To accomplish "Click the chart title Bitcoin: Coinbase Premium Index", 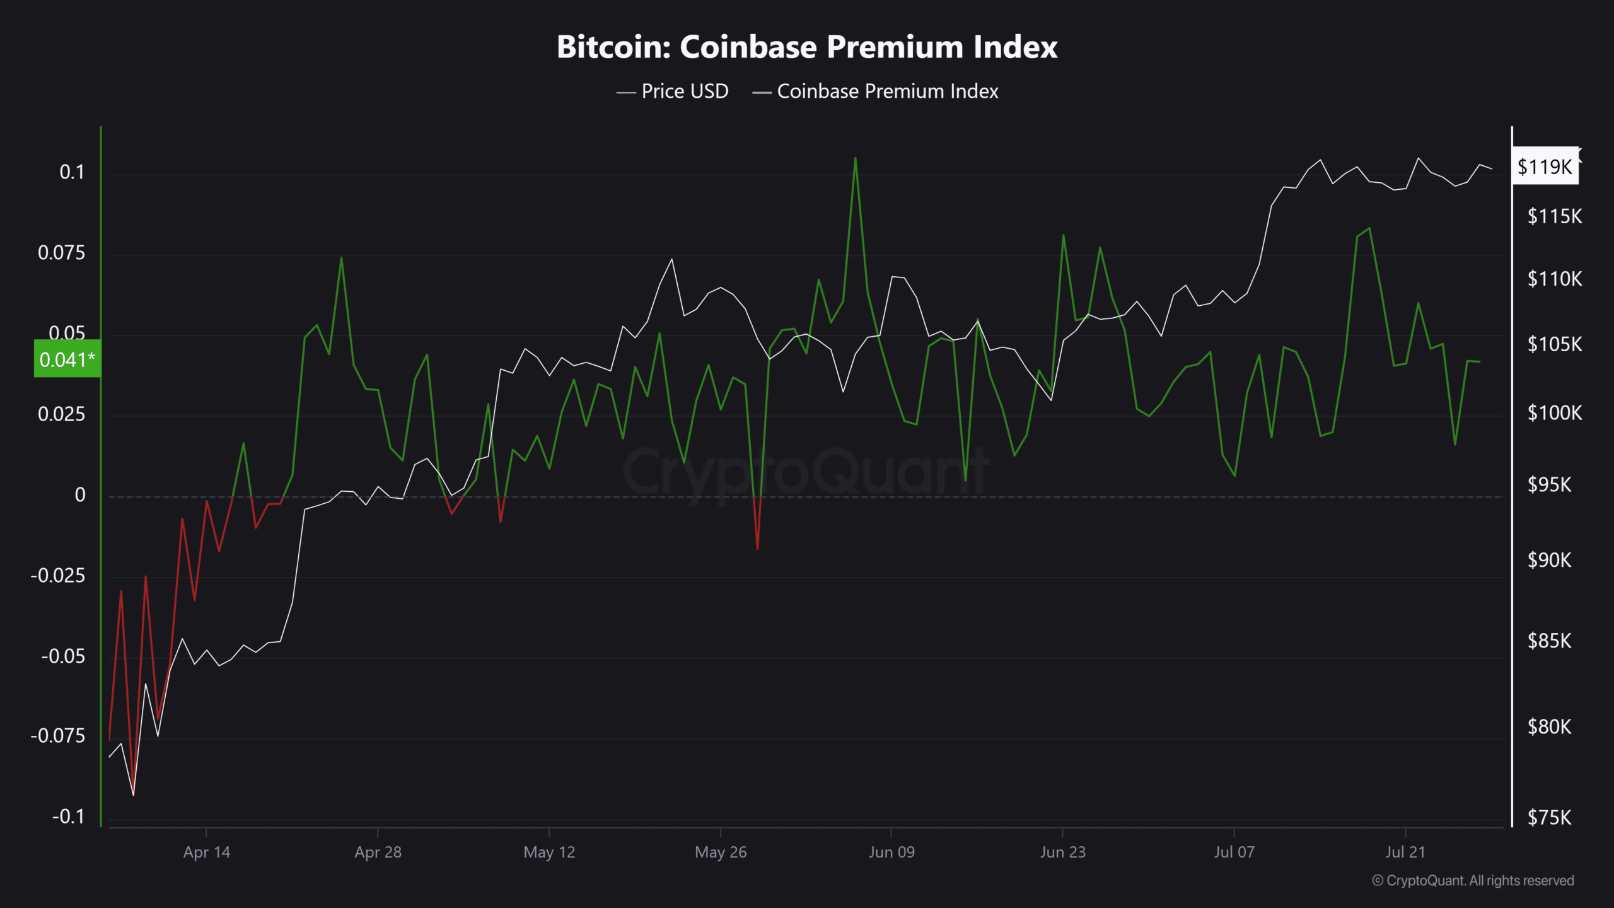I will (807, 47).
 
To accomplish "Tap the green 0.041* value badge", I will (67, 359).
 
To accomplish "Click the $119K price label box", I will (1545, 166).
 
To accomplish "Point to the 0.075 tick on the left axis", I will (61, 253).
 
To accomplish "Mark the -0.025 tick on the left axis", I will (57, 575).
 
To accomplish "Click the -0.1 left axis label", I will (68, 817).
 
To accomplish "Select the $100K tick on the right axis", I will (1554, 413).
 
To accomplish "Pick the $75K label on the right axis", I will (1549, 818).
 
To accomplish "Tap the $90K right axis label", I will (1549, 560).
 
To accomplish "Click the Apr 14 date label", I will (207, 852).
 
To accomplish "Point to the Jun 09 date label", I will (891, 852).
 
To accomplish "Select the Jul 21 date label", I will (1405, 852).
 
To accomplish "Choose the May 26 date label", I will (721, 852).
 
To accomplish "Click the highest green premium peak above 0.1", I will (856, 158).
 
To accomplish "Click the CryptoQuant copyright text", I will (1473, 880).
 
